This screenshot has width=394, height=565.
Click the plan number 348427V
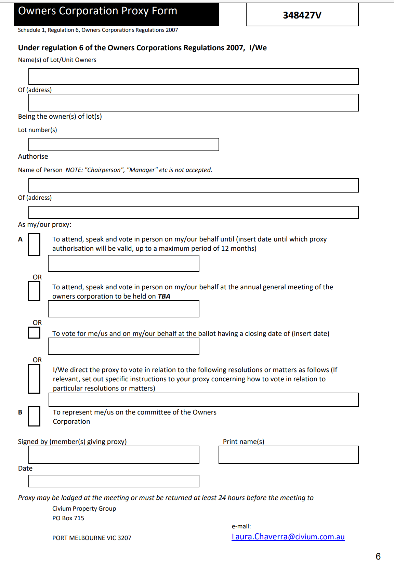coord(302,15)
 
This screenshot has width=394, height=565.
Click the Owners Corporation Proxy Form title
coord(97,11)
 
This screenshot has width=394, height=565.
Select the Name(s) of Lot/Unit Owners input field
coord(193,76)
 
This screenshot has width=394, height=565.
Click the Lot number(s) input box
coord(123,144)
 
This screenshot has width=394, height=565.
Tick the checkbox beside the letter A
coord(34,244)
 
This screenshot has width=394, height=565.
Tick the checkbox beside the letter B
coord(34,416)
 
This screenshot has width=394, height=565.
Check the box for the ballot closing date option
coord(34,332)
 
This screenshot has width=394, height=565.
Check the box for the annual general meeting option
coord(34,291)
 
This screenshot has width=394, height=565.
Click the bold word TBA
coord(164,296)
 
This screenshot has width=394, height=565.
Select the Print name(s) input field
coord(288,455)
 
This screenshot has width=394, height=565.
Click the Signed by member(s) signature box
coord(114,455)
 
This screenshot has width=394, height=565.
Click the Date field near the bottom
coord(114,481)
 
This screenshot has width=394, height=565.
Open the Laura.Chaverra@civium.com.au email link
coord(288,537)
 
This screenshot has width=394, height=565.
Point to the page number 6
coord(378,556)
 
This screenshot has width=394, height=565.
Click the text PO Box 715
coord(68,518)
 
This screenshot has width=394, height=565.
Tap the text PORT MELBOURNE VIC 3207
coord(92,538)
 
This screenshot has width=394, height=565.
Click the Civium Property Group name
coord(84,509)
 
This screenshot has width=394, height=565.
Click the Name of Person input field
coord(193,185)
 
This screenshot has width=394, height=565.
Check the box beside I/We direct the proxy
coord(34,379)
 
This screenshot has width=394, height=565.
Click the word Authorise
coord(33,156)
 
